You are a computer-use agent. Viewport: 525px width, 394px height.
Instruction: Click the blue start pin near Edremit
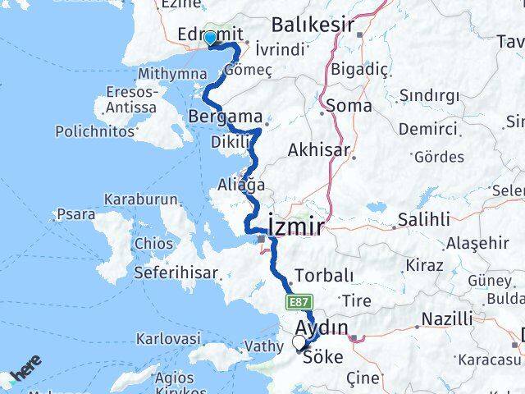pos(210,38)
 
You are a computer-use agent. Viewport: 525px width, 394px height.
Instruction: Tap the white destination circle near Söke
pos(299,342)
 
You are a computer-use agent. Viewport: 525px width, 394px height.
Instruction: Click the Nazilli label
pos(446,318)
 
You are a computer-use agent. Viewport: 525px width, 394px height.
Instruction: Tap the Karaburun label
pos(134,199)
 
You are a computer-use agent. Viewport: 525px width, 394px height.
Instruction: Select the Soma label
pos(349,106)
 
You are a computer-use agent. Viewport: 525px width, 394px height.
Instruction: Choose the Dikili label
pos(231,142)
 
